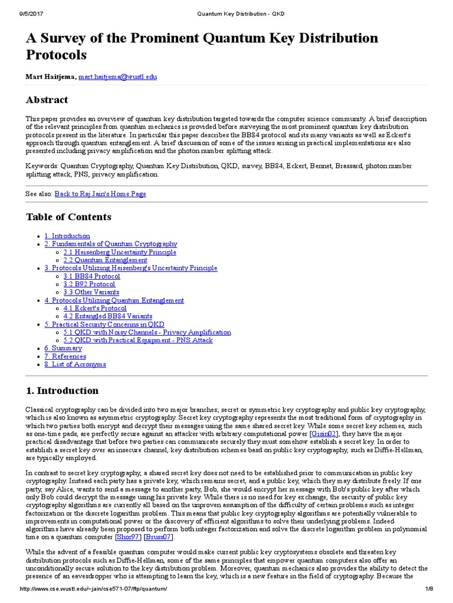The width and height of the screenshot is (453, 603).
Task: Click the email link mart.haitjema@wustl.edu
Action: click(118, 77)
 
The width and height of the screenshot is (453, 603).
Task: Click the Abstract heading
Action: click(47, 100)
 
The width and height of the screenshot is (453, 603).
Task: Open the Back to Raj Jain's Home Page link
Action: click(100, 194)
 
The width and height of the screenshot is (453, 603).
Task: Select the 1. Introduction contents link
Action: click(67, 236)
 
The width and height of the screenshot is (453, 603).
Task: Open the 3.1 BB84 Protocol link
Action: click(91, 276)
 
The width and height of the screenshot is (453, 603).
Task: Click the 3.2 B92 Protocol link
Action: click(90, 284)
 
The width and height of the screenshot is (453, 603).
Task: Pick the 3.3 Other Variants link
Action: click(91, 292)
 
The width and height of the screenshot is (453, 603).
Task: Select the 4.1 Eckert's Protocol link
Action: click(95, 308)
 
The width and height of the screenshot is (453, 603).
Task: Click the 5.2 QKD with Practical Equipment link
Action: click(138, 340)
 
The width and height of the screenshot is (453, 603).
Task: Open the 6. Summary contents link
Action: click(63, 348)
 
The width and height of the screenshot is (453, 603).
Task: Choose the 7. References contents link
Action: click(65, 356)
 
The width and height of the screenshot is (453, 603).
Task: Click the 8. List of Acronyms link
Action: click(75, 365)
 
